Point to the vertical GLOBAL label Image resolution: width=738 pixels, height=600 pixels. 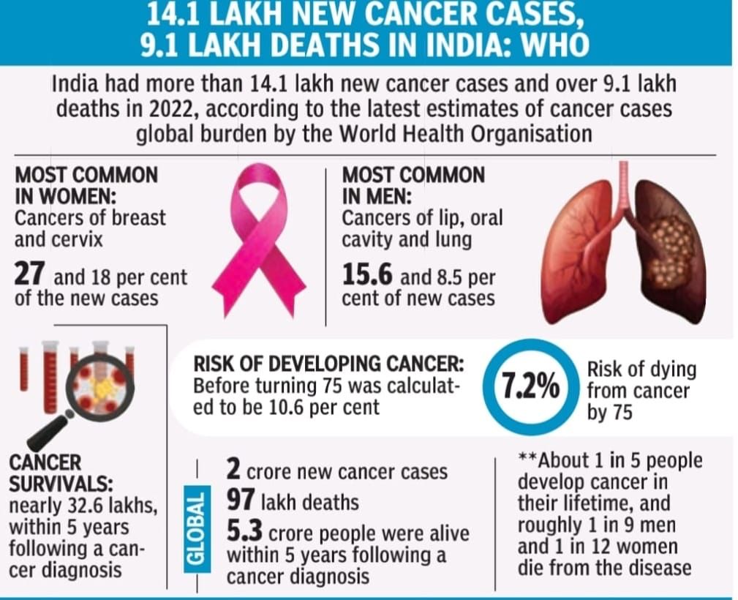[195, 528]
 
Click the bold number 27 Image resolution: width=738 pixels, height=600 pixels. [31, 277]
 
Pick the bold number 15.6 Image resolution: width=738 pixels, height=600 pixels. [369, 276]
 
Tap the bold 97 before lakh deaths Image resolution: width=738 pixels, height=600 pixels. [241, 502]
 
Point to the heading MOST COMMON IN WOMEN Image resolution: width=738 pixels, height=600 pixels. [86, 186]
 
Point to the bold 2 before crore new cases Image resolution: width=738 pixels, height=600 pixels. [233, 470]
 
